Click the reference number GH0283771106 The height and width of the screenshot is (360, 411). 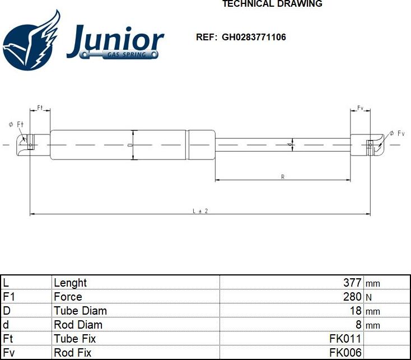pos(254,37)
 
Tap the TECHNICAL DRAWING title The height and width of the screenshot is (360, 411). pos(272,4)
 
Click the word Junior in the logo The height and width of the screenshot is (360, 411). pos(115,41)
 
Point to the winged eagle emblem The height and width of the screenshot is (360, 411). pos(31,41)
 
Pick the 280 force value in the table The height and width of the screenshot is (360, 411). pos(352,297)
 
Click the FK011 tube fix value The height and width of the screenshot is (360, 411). pos(345,339)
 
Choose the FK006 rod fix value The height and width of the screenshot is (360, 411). pos(345,353)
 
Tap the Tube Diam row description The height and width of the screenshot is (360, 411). pos(80,311)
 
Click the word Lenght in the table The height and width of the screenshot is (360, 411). pos(70,283)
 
